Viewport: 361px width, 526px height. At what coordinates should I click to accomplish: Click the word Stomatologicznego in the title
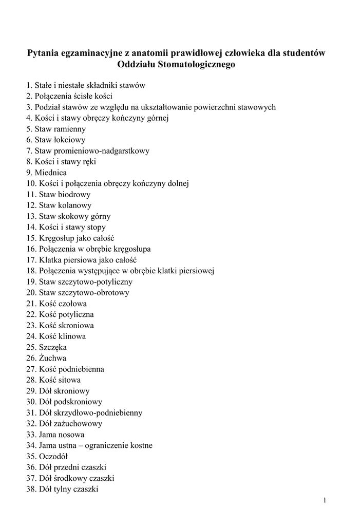point(201,65)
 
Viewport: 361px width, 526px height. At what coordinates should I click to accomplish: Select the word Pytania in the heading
point(45,53)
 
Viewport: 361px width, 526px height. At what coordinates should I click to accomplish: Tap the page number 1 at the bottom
point(325,500)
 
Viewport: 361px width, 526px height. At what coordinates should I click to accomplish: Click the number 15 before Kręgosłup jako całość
point(30,238)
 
